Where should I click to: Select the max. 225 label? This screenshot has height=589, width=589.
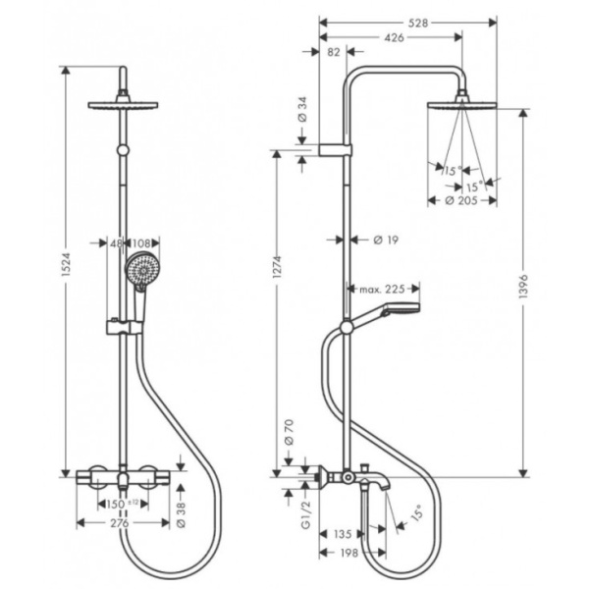[383, 290]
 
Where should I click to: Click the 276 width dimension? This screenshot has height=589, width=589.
[123, 524]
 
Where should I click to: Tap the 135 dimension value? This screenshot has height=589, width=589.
[343, 536]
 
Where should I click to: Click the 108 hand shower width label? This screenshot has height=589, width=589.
[141, 243]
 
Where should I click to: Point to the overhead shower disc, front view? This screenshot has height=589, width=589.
[123, 103]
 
